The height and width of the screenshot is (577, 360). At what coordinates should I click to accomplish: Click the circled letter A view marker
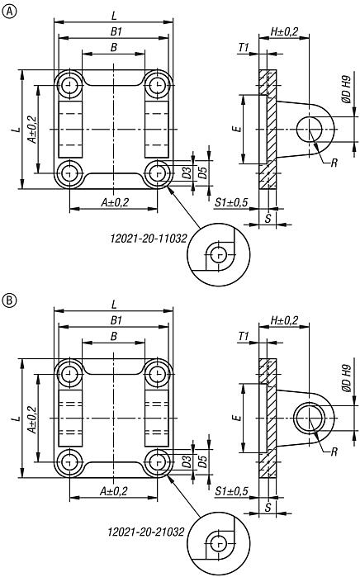8,10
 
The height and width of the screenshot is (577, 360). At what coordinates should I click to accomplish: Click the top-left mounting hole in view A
68,86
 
